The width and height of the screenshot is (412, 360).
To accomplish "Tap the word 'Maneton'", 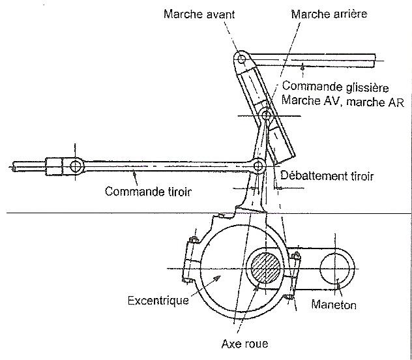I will click(x=333, y=305).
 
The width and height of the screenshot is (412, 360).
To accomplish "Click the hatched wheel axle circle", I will click(x=266, y=268).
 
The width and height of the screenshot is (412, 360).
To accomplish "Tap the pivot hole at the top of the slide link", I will click(x=241, y=61).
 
